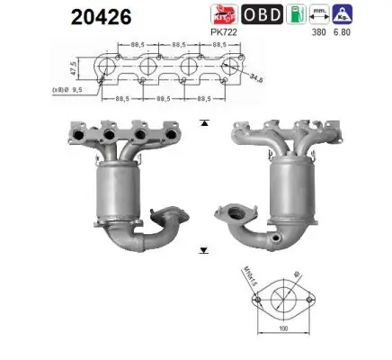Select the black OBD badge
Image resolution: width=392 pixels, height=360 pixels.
(x=260, y=15)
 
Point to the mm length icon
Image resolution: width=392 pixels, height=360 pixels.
(x=318, y=15)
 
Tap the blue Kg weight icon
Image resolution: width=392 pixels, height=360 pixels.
(x=343, y=15)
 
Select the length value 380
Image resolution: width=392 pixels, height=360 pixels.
(x=317, y=32)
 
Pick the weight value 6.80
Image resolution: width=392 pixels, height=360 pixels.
(x=343, y=32)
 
